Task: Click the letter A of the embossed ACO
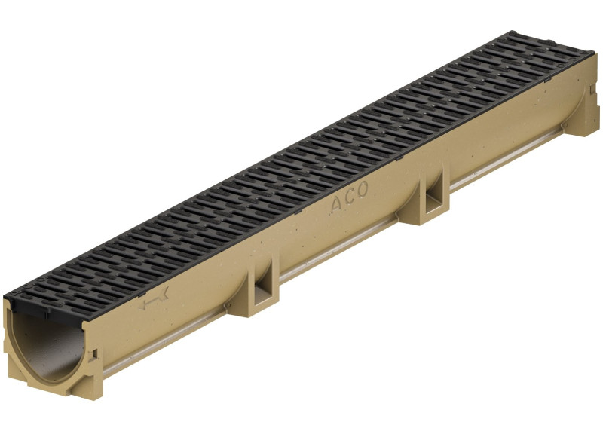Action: [335, 205]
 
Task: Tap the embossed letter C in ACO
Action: [349, 197]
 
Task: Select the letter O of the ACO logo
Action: [362, 189]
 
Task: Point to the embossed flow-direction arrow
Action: [155, 298]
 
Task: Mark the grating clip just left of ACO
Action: [297, 212]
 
